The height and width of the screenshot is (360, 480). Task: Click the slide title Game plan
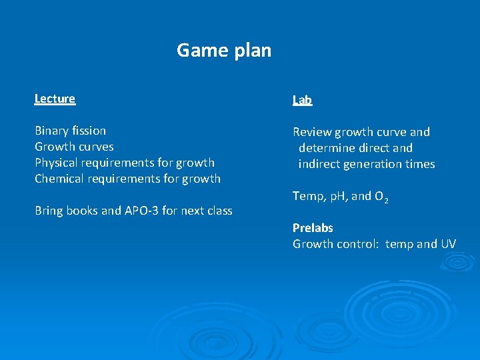224,50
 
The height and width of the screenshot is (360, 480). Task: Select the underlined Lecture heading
55,99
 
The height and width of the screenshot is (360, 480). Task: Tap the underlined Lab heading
302,100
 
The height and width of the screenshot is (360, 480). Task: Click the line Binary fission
70,131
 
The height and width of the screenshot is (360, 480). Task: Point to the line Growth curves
74,147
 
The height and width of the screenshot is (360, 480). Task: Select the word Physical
58,163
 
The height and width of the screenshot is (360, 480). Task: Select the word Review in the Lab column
312,132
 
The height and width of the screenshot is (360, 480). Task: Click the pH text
336,196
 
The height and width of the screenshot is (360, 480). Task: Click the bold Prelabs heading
313,228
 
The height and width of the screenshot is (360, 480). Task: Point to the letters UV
448,244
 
